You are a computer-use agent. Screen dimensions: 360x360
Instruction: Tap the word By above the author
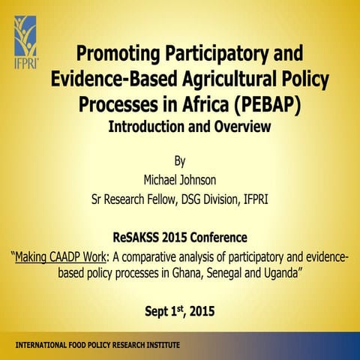179,160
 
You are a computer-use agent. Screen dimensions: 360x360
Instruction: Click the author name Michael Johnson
179,180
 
